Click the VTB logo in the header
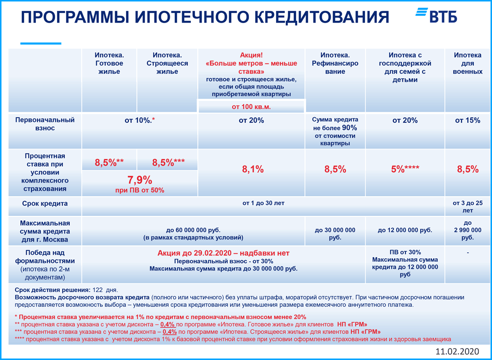437,16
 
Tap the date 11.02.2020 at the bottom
457,352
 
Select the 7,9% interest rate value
140,180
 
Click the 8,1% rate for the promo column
252,169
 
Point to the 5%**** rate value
405,169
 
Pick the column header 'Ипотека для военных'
467,63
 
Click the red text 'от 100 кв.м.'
251,106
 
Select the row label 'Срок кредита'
45,203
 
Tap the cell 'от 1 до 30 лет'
263,203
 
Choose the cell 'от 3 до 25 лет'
467,207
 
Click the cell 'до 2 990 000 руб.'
467,230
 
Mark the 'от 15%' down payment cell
467,120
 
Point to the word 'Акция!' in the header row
252,55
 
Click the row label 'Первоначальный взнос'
45,124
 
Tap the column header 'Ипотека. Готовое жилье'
109,63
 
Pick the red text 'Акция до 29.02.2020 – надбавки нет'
223,253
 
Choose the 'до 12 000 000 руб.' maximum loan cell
405,230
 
